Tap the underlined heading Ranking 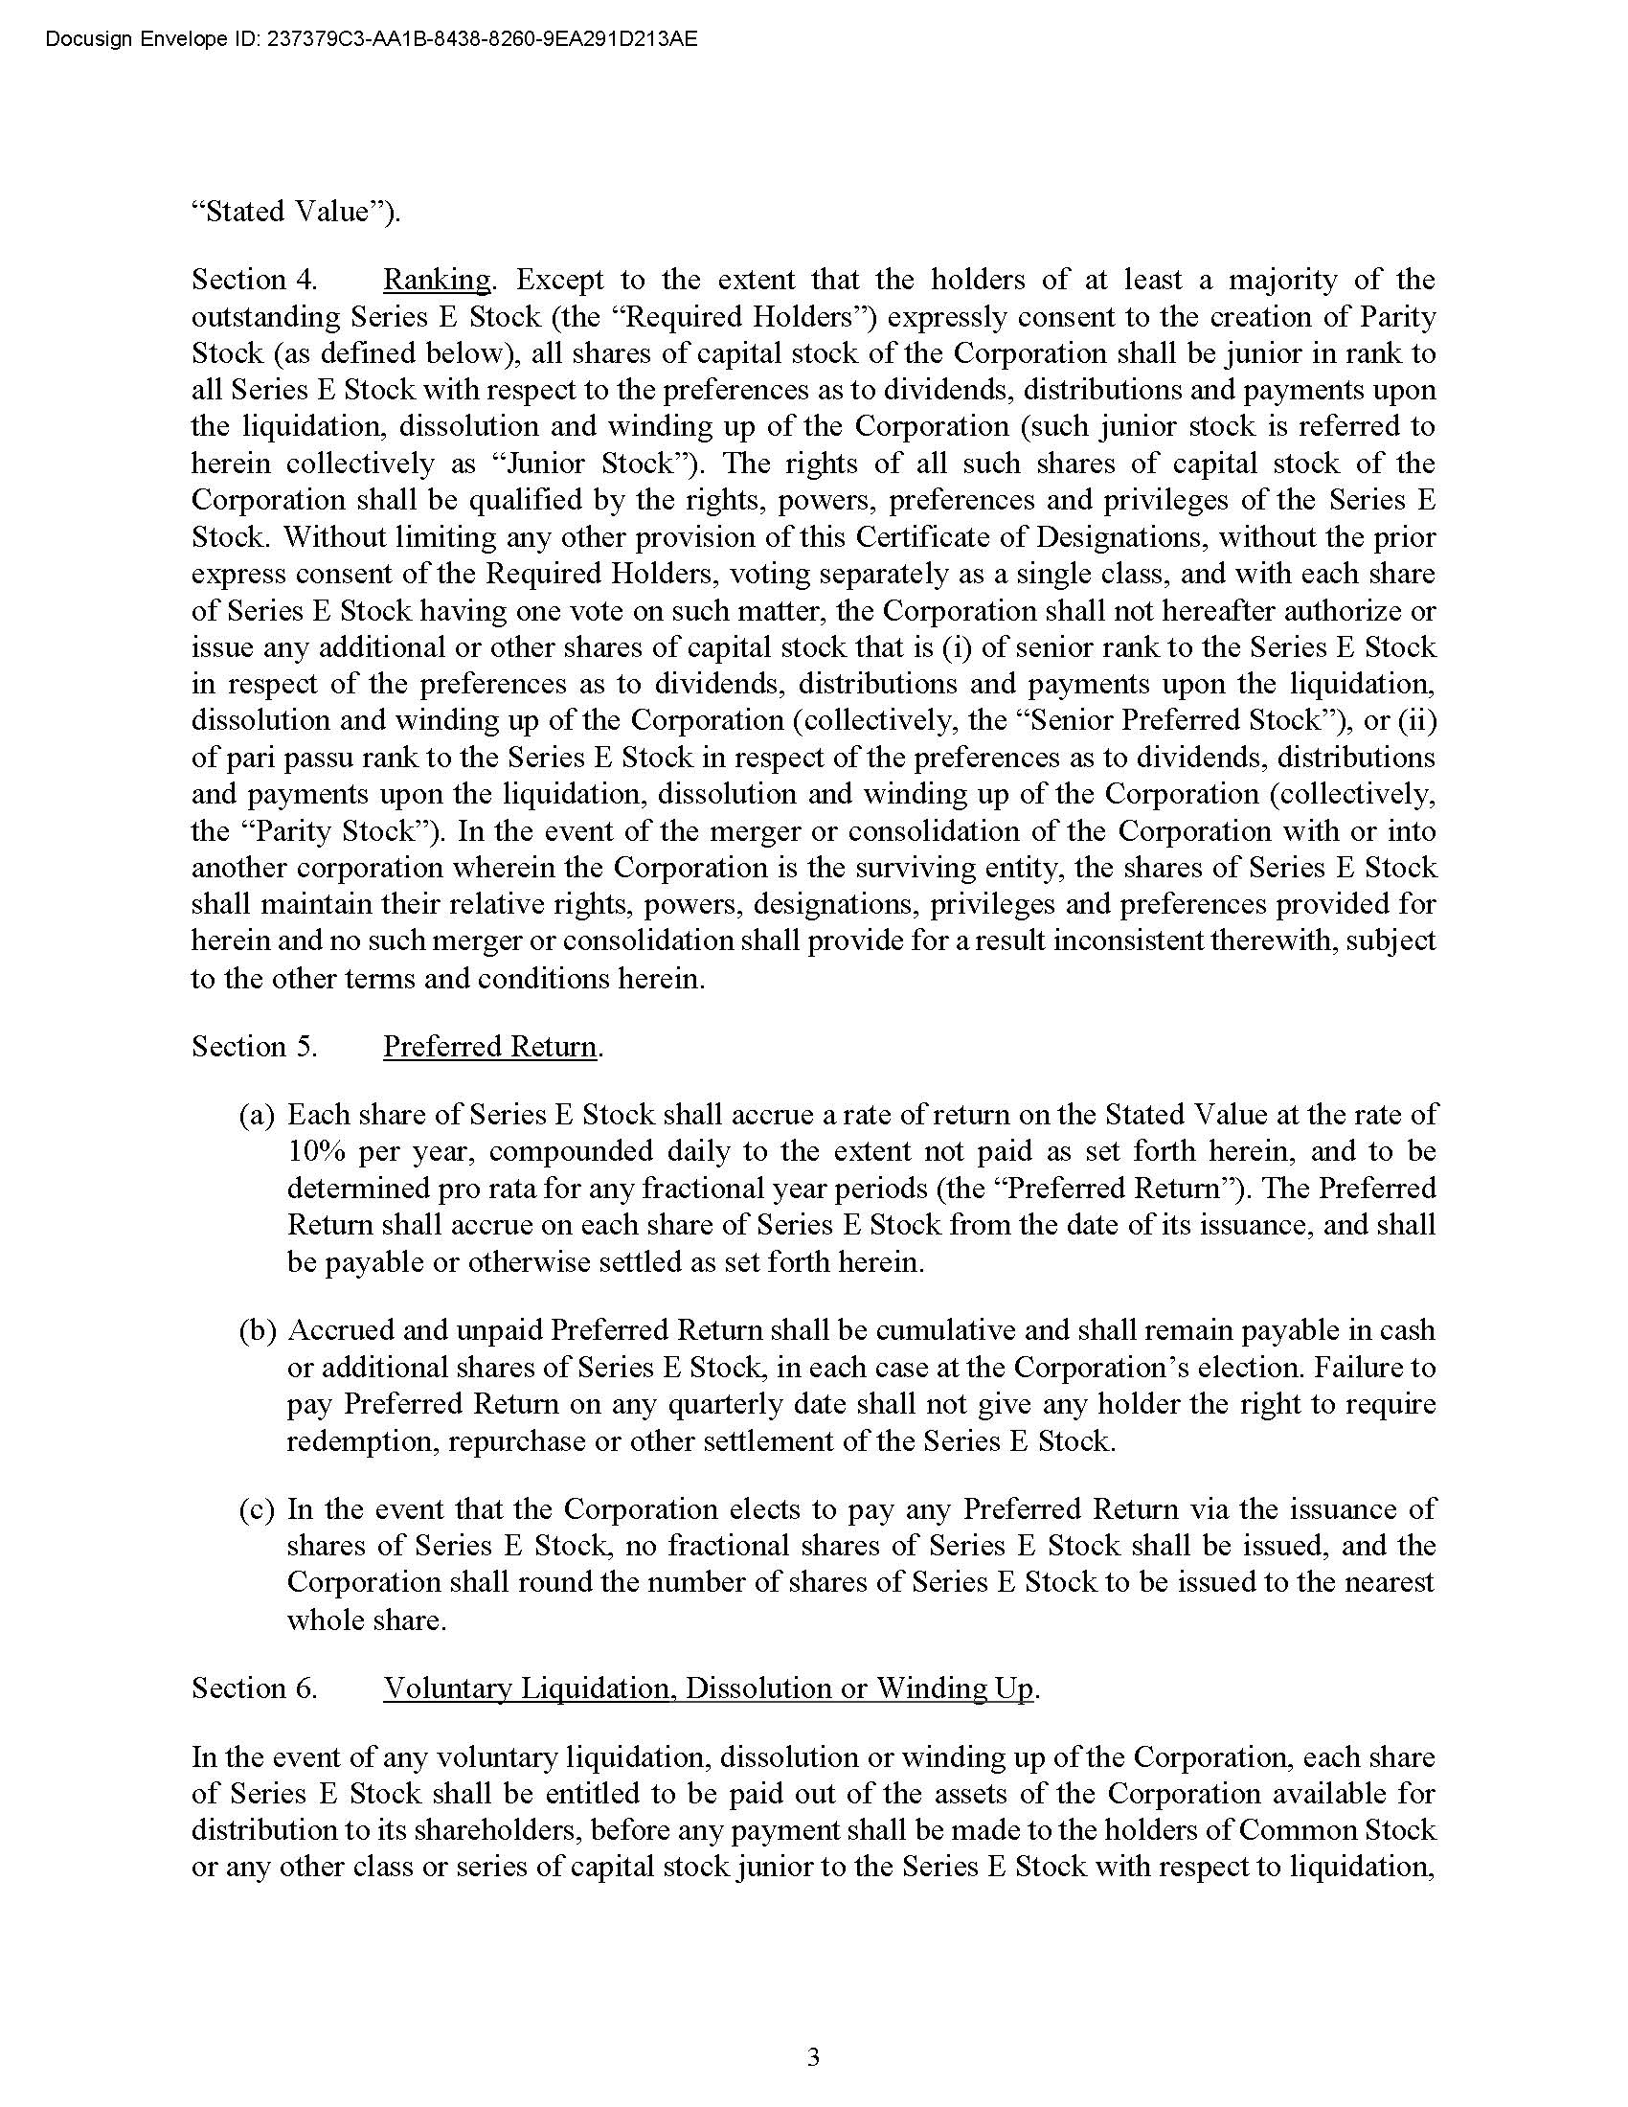click(x=437, y=280)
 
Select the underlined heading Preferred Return click(x=490, y=1047)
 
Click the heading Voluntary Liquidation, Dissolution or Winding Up click(x=708, y=1688)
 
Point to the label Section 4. click(x=255, y=280)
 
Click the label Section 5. click(x=255, y=1047)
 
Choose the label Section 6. click(x=255, y=1688)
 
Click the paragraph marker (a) click(x=258, y=1115)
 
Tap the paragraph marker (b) click(x=258, y=1331)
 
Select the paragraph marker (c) click(x=258, y=1509)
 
